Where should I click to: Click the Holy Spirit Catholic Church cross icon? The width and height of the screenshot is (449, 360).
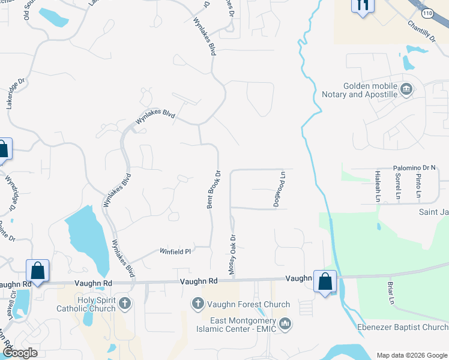125,302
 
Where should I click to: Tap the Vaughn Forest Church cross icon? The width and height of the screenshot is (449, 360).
199,304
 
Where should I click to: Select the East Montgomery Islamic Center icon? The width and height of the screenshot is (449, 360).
285,324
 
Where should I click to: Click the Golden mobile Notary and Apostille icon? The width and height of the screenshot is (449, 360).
406,89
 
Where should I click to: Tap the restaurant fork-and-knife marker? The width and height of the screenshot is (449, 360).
362,5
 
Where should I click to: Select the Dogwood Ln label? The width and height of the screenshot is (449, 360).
279,190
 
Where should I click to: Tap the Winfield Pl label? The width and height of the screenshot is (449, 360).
175,251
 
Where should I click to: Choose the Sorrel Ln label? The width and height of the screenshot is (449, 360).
397,186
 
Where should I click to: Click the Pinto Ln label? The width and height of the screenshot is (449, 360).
418,186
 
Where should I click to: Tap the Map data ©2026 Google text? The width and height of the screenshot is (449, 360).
411,355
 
